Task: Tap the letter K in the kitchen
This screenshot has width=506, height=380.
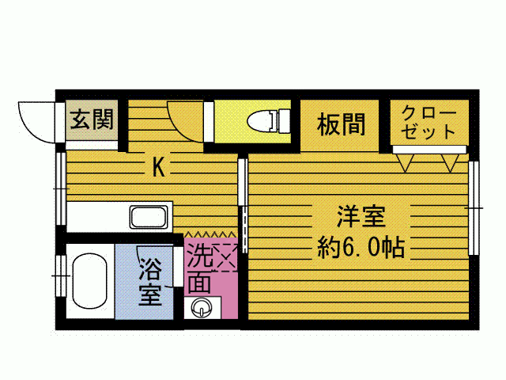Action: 158,167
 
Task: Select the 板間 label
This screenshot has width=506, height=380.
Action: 342,124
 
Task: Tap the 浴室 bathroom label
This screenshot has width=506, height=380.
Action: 150,282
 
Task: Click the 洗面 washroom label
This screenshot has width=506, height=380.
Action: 198,269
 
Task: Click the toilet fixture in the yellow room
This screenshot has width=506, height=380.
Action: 270,122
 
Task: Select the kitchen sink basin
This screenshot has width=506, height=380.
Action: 149,217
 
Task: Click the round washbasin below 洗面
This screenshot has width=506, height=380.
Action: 201,307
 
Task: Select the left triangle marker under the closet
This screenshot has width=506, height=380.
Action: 407,163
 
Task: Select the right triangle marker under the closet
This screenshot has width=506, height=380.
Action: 451,163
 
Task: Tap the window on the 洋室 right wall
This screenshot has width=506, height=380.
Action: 474,207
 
